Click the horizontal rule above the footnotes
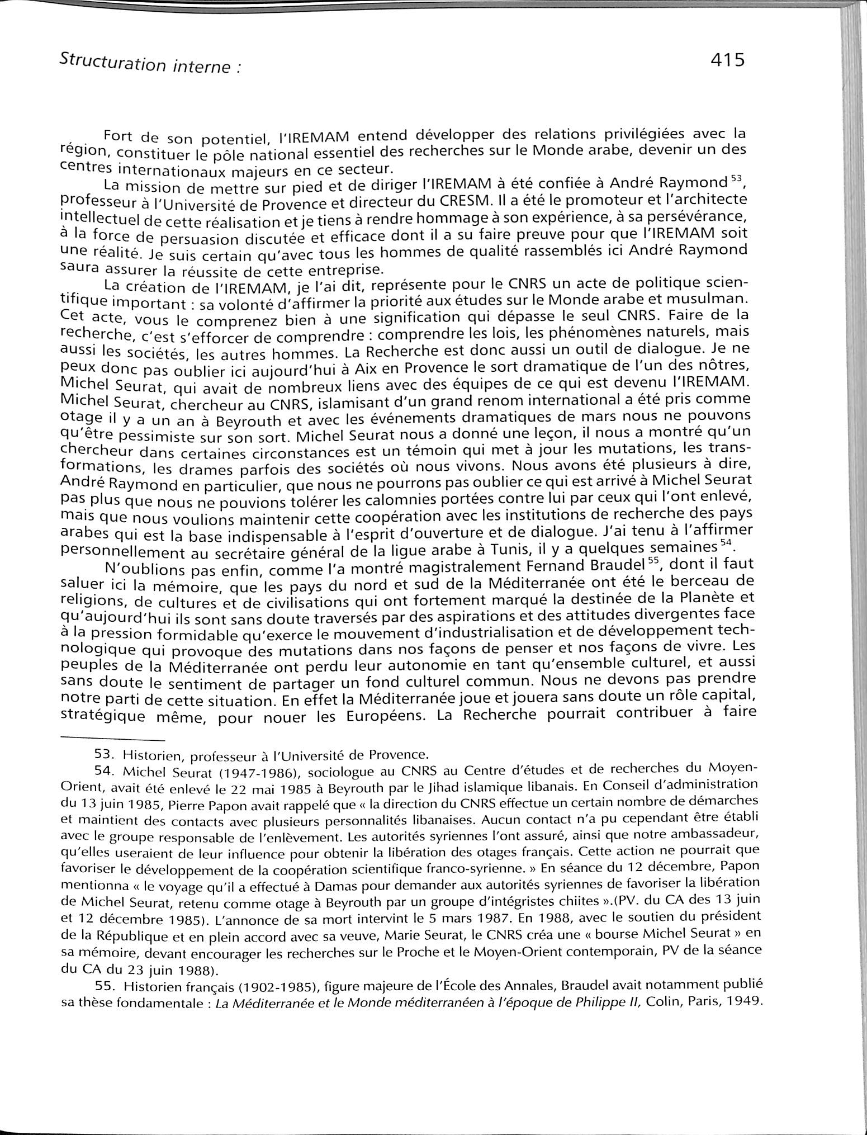(112, 738)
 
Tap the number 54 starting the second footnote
(104, 771)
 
